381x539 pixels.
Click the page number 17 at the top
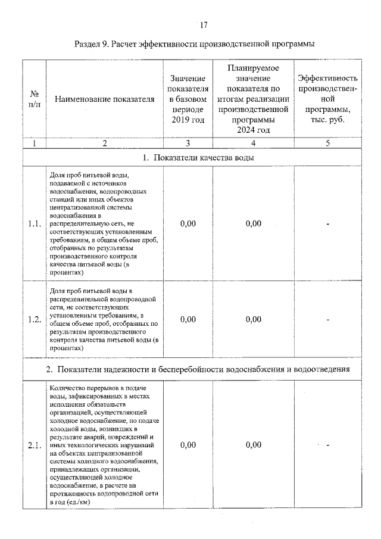pyautogui.click(x=204, y=25)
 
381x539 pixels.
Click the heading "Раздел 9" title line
pyautogui.click(x=195, y=44)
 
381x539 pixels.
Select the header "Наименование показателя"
pyautogui.click(x=104, y=99)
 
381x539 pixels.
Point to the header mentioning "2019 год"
pyautogui.click(x=188, y=99)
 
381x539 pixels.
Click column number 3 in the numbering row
pyautogui.click(x=188, y=143)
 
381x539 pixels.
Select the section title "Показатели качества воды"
pyautogui.click(x=198, y=158)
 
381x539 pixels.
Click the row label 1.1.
pyautogui.click(x=34, y=224)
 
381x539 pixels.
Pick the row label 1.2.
pyautogui.click(x=34, y=319)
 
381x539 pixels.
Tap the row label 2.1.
pyautogui.click(x=34, y=444)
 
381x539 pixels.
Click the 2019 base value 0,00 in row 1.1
pyautogui.click(x=188, y=224)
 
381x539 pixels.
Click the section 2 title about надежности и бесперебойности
pyautogui.click(x=198, y=369)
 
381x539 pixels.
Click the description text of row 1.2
pyautogui.click(x=104, y=319)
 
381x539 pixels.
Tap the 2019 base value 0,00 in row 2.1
pyautogui.click(x=188, y=444)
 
